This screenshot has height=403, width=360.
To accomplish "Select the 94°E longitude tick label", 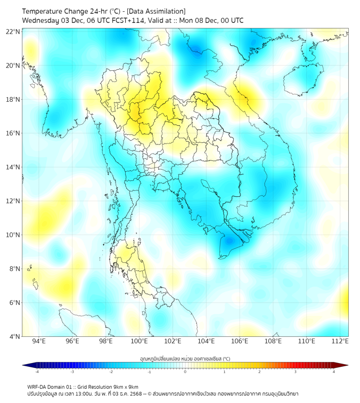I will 39,341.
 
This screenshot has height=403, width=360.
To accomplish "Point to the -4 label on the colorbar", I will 37,372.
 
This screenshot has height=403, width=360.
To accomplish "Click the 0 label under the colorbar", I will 185,372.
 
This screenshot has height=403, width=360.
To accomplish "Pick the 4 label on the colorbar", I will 334,372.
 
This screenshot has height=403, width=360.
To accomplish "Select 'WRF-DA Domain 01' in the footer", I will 50,386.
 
